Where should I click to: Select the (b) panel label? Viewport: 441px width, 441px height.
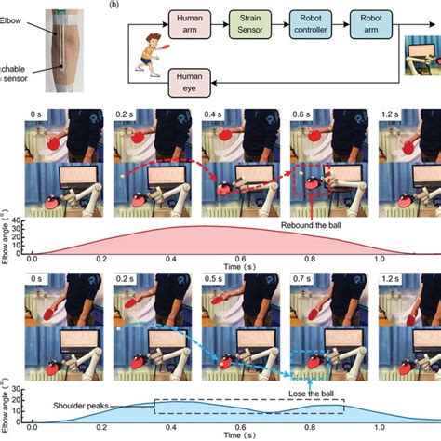point(114,6)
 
